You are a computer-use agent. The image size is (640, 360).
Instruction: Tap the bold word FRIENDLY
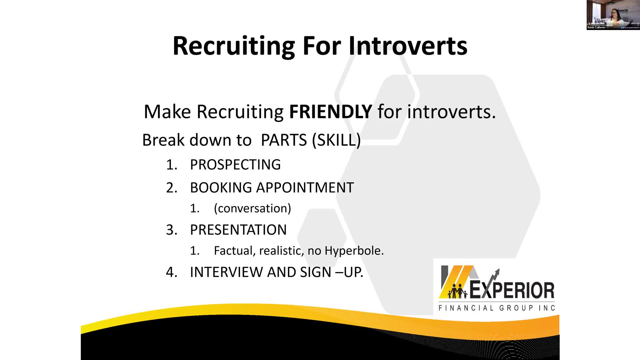pyautogui.click(x=330, y=111)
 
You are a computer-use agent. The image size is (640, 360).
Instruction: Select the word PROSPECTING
pyautogui.click(x=235, y=165)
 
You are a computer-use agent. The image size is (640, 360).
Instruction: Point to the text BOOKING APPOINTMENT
pyautogui.click(x=272, y=188)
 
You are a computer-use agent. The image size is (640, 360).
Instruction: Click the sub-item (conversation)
pyautogui.click(x=252, y=208)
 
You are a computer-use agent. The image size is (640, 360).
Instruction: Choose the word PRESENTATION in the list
pyautogui.click(x=238, y=230)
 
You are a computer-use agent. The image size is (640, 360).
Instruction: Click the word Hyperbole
pyautogui.click(x=354, y=251)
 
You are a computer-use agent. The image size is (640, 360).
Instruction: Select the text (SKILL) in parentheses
pyautogui.click(x=336, y=140)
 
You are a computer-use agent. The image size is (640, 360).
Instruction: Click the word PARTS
pyautogui.click(x=284, y=140)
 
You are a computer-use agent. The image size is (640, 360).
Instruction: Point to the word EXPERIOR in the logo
pyautogui.click(x=512, y=290)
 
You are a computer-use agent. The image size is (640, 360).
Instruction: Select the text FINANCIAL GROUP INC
pyautogui.click(x=497, y=308)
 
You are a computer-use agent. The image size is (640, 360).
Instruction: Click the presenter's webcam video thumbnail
pyautogui.click(x=613, y=15)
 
